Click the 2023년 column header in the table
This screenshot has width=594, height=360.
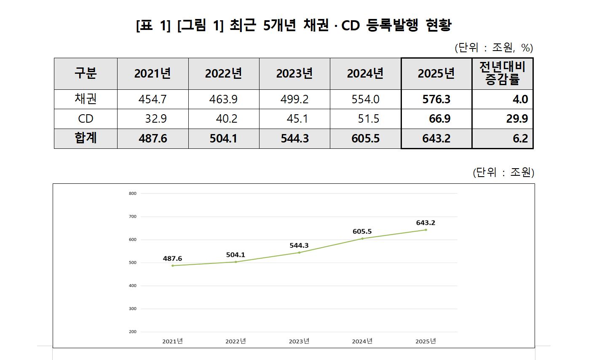pyautogui.click(x=294, y=74)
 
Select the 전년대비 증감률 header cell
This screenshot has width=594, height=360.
pyautogui.click(x=502, y=74)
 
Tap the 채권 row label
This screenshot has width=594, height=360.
pyautogui.click(x=86, y=99)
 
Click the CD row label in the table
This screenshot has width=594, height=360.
pyautogui.click(x=86, y=119)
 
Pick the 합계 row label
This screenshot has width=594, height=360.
pyautogui.click(x=86, y=138)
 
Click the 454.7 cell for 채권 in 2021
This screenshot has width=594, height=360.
pyautogui.click(x=153, y=99)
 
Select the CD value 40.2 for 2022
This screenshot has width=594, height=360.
pyautogui.click(x=226, y=119)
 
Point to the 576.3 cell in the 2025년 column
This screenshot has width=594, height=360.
pyautogui.click(x=436, y=99)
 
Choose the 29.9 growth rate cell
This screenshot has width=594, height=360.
pyautogui.click(x=517, y=119)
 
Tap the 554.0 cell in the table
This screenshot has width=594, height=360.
pyautogui.click(x=365, y=99)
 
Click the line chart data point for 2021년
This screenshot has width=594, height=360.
pyautogui.click(x=173, y=266)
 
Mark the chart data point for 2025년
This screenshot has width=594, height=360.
pyautogui.click(x=426, y=230)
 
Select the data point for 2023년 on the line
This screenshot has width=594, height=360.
pyautogui.click(x=299, y=253)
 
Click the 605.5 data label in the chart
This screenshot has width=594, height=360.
pyautogui.click(x=362, y=231)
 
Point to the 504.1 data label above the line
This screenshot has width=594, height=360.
pyautogui.click(x=235, y=255)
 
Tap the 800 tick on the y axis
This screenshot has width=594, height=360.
pyautogui.click(x=133, y=193)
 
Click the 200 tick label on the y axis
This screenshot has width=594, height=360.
pyautogui.click(x=133, y=332)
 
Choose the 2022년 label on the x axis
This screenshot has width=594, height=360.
pyautogui.click(x=235, y=341)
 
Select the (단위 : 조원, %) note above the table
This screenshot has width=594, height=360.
pyautogui.click(x=494, y=48)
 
